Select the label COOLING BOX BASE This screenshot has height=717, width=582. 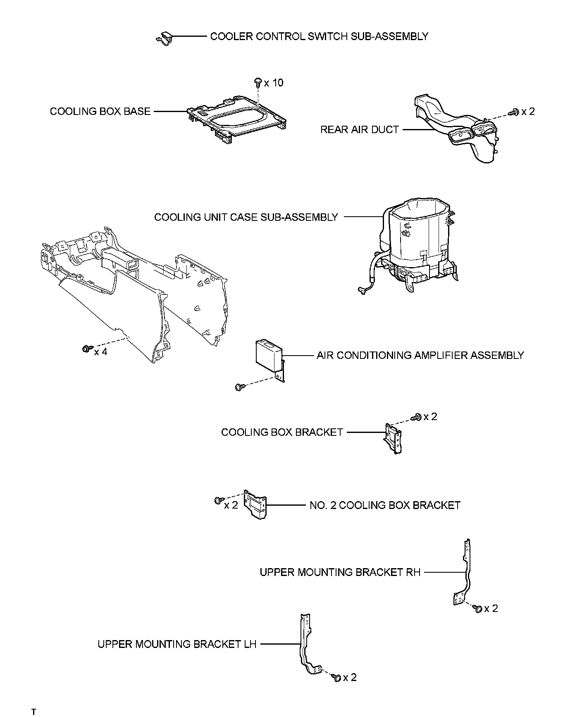coord(100,112)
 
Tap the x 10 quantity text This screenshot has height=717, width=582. coord(274,83)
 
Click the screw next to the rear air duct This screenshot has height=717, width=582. coord(515,112)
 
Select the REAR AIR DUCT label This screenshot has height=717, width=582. coord(360,130)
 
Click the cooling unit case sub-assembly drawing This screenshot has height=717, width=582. coord(417,244)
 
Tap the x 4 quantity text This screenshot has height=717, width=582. coord(100,352)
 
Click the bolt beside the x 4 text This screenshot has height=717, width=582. coord(87,349)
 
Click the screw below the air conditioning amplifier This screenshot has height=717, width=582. coord(239,387)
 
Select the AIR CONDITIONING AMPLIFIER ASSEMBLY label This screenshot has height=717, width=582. coord(420,356)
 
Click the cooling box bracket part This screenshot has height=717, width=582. coord(393,438)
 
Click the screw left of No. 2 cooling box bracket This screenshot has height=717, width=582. coord(218,501)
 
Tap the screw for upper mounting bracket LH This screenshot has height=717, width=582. coord(336,677)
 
